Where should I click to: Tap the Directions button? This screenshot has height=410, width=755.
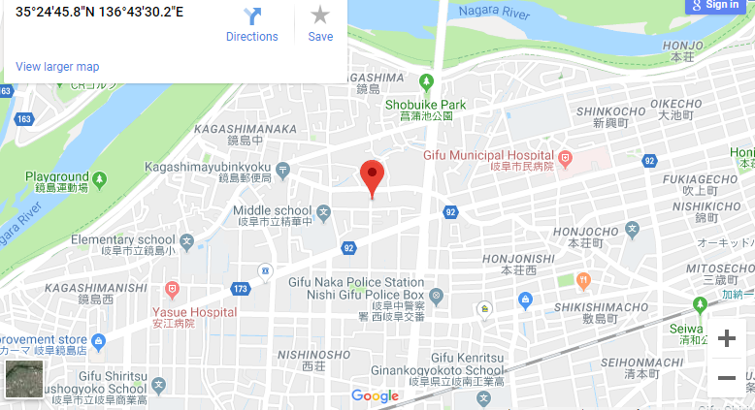click(252, 23)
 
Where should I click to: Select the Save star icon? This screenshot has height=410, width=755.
click(320, 23)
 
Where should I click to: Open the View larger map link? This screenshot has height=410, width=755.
click(57, 67)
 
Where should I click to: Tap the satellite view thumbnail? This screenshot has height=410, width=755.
click(23, 379)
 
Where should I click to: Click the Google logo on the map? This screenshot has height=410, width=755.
click(376, 395)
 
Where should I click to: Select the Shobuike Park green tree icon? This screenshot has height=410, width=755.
click(425, 82)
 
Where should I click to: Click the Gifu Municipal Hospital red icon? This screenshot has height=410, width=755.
click(565, 156)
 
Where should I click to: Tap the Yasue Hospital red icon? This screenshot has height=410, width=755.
click(172, 290)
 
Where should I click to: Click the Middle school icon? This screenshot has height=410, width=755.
click(322, 209)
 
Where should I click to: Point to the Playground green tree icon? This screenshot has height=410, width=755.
click(99, 178)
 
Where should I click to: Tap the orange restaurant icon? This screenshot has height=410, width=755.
click(583, 281)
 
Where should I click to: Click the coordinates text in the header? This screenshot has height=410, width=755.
click(100, 13)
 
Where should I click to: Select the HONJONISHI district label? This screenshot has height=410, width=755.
click(526, 258)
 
